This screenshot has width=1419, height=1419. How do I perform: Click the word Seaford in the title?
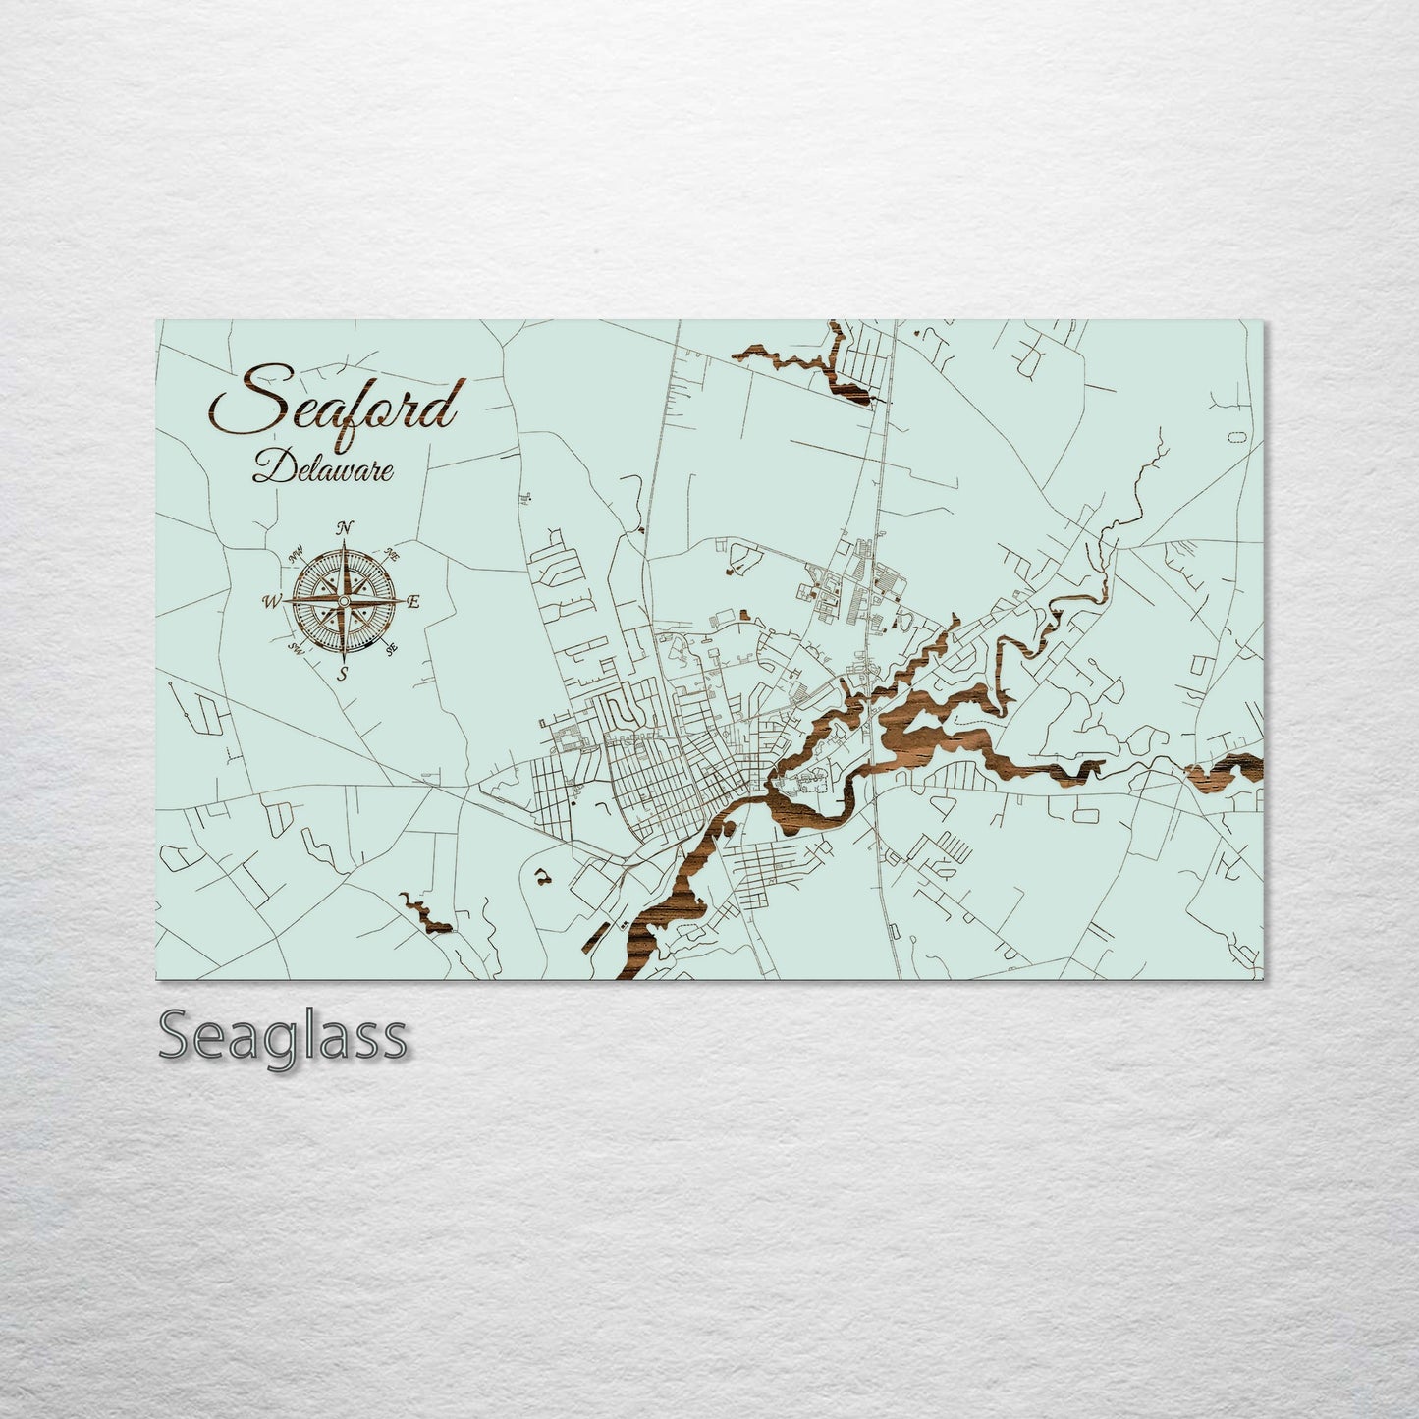click(334, 400)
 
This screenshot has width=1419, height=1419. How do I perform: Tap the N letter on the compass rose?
click(345, 528)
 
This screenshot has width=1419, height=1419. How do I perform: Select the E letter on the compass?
click(413, 602)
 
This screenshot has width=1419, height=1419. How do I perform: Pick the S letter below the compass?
click(343, 674)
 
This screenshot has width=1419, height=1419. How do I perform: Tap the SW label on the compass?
click(295, 649)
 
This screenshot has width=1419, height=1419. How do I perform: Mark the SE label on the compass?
click(392, 649)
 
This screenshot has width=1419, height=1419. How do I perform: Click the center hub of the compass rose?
click(345, 601)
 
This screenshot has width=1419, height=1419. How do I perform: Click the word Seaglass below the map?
click(282, 1037)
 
